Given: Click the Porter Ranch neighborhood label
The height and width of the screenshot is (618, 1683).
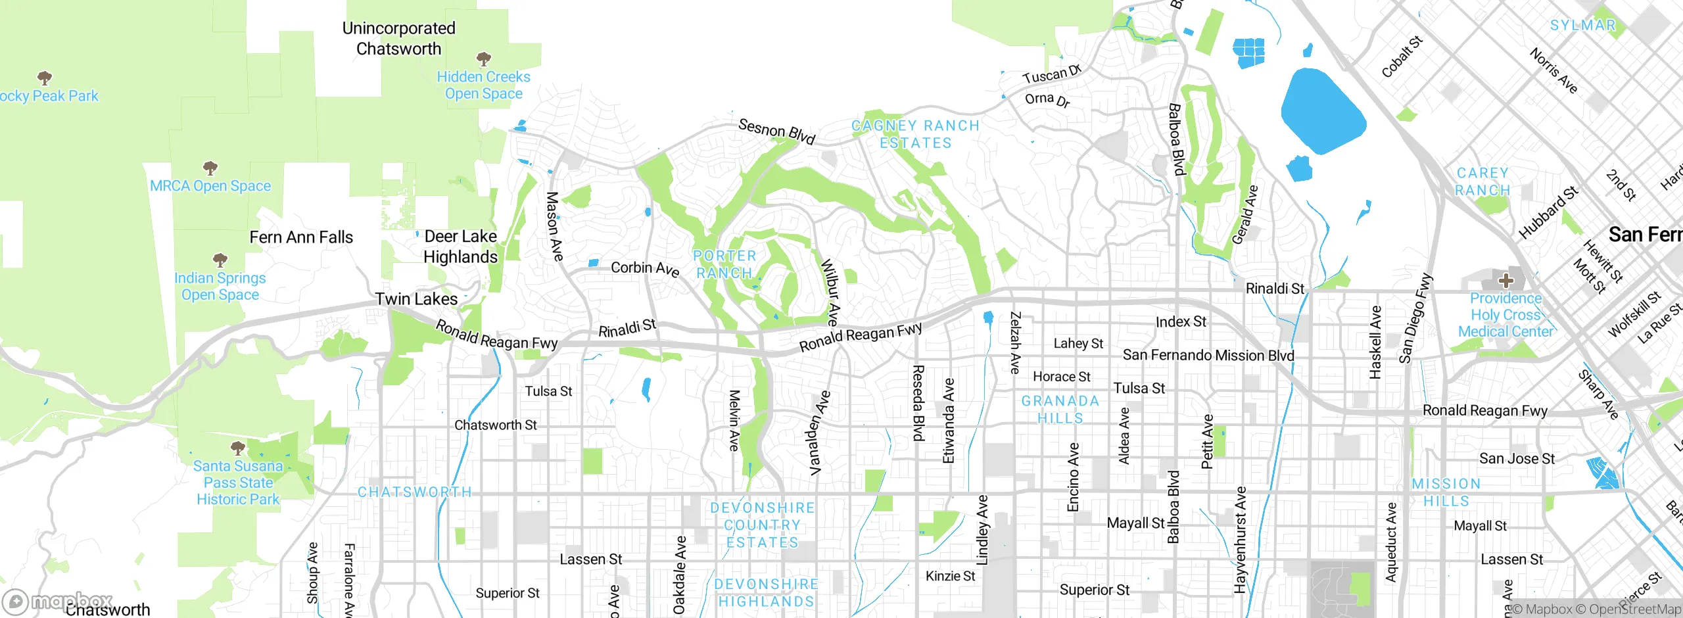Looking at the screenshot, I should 724,264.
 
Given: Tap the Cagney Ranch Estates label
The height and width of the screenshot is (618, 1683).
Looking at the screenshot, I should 915,134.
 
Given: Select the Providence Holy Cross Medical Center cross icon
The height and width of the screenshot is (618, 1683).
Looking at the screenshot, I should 1505,281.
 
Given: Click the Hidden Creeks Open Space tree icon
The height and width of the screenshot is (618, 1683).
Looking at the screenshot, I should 484,59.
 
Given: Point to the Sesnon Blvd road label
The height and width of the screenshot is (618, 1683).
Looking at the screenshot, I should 776,131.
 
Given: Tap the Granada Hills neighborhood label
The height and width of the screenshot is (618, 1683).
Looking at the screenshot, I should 1060,409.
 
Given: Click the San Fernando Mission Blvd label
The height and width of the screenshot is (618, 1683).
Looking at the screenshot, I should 1208,356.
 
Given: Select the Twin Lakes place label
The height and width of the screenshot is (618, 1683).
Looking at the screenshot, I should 416,299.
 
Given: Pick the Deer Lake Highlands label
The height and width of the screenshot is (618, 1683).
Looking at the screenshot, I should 460,247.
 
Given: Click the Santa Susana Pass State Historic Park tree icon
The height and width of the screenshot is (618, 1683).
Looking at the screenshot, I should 238,448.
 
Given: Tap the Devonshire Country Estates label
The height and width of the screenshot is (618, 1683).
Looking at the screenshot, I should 762,525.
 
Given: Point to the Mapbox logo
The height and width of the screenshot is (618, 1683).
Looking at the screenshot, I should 58,601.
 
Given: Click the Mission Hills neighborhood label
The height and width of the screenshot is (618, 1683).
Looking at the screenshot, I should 1446,492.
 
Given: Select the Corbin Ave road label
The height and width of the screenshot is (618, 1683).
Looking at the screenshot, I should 644,268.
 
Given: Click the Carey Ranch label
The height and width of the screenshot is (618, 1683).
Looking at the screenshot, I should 1482,181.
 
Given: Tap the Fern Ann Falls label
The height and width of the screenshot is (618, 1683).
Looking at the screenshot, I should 301,237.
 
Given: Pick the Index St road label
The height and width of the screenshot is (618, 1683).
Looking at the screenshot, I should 1181,321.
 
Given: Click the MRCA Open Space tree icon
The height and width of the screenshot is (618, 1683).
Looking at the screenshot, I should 210,168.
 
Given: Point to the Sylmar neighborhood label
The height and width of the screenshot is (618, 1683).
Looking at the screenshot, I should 1582,26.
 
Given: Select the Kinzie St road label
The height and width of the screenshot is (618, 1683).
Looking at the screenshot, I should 950,576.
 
